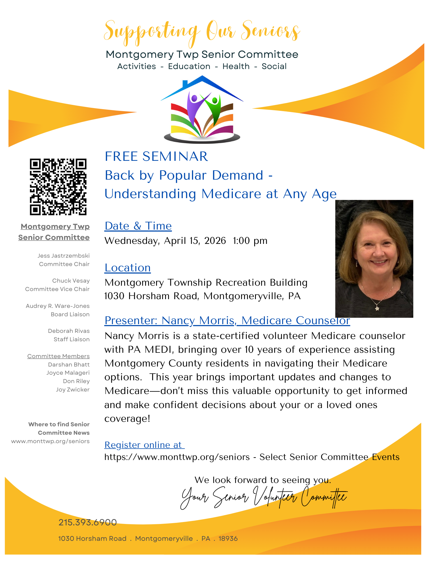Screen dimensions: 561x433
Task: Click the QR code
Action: (58, 187)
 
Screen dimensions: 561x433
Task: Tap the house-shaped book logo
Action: (202, 110)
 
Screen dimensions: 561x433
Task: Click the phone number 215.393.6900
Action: (87, 522)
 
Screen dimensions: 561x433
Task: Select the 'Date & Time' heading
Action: (138, 226)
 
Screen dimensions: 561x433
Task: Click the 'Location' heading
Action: (128, 268)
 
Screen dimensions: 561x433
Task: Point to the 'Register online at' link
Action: (144, 445)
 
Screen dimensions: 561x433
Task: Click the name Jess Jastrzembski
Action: (64, 256)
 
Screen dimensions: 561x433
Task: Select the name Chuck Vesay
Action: (71, 281)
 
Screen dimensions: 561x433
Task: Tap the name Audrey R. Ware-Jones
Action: (58, 306)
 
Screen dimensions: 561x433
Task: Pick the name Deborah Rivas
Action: (69, 331)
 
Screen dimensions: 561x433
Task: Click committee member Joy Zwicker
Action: (73, 390)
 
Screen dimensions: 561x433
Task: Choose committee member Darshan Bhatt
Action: (69, 365)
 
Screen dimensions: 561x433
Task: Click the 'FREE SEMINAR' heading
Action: (156, 156)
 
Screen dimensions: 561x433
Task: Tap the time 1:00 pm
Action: (250, 241)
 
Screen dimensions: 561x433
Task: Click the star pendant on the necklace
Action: (377, 309)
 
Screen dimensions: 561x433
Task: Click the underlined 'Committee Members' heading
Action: (58, 356)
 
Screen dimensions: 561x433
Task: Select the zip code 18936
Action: (228, 539)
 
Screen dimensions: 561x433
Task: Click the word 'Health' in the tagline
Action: (236, 67)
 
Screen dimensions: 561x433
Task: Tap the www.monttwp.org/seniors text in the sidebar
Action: (50, 441)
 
